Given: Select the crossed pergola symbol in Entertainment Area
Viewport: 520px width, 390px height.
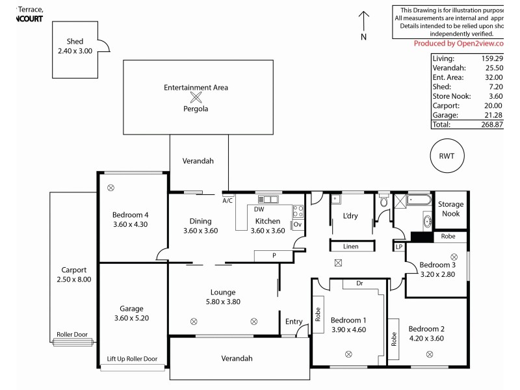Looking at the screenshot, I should pos(196,98).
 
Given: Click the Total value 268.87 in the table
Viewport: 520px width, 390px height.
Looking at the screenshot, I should pos(491,123).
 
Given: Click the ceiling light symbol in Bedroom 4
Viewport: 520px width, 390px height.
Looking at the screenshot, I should pos(111,188).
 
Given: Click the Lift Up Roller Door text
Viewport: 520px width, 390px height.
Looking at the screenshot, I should pos(133,359).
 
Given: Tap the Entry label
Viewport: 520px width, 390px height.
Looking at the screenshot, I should pos(294,321).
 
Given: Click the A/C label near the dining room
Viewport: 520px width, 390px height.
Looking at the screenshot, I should pos(227,201).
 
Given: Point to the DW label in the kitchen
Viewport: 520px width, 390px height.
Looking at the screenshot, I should pos(259,209).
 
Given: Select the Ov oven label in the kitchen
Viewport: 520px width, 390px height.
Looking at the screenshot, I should pos(297,224).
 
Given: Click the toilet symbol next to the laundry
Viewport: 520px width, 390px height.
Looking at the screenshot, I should pos(384,202).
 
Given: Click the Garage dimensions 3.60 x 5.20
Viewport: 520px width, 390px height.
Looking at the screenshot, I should pos(131,318).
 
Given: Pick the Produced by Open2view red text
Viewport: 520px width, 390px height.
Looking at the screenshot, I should pos(459,43).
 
